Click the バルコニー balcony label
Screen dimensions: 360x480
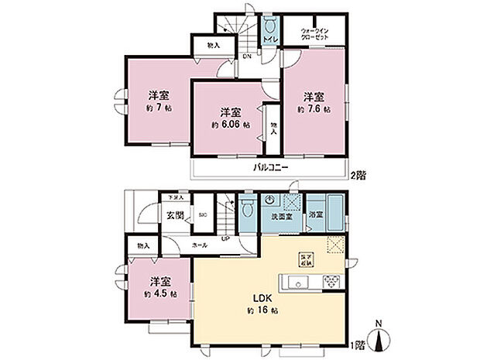tap(269, 168)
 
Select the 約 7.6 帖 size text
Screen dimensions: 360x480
tap(314, 110)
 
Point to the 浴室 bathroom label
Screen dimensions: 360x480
tap(315, 214)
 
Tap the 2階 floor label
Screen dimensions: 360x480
tap(359, 176)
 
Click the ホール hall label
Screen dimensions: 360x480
tap(199, 245)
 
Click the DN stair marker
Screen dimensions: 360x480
tap(246, 57)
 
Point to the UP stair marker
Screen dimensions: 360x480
tap(225, 237)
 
